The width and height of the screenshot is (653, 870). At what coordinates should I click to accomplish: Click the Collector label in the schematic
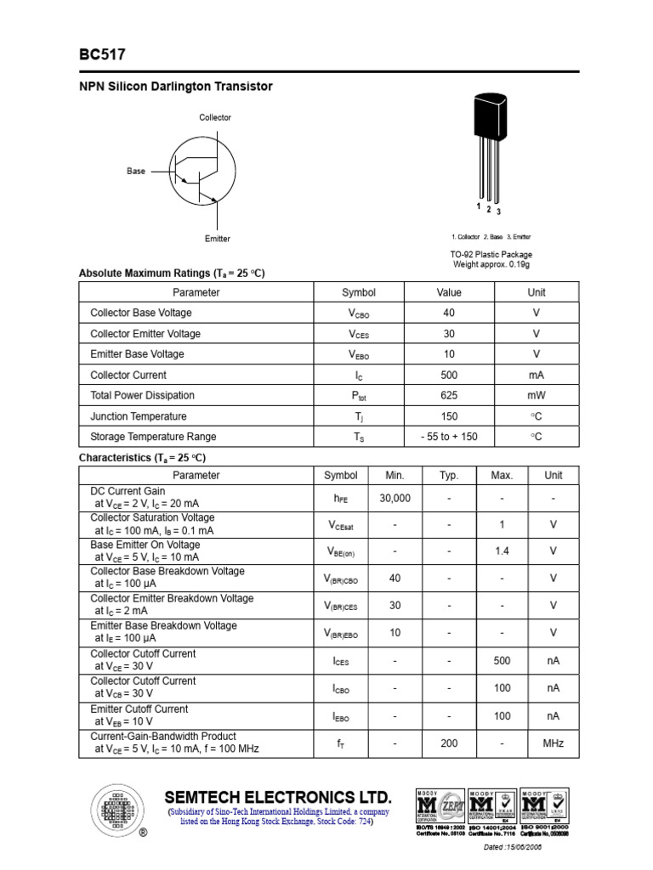[215, 117]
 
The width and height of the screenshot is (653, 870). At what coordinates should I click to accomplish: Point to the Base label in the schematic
[136, 171]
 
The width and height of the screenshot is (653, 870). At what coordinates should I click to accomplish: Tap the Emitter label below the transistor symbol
[218, 239]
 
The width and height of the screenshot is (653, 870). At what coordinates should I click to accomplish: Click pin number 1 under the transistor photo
[480, 206]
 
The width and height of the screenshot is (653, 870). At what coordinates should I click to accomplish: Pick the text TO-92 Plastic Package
[491, 254]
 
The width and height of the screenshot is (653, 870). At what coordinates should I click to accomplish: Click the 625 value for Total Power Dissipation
[449, 395]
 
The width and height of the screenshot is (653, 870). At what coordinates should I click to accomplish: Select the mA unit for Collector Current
[536, 375]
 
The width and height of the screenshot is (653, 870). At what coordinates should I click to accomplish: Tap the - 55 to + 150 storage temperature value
[449, 437]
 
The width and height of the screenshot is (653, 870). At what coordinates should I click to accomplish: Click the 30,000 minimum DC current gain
[395, 499]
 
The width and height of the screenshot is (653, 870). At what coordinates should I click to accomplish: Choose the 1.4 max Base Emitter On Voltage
[502, 551]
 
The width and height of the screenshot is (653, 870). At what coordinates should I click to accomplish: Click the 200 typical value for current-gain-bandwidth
[449, 743]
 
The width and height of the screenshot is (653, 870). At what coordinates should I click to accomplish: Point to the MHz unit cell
[554, 743]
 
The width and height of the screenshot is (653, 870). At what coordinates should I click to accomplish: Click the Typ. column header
[449, 476]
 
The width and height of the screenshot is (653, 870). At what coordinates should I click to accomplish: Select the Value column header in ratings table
[449, 292]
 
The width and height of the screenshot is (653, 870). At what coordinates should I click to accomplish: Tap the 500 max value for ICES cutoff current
[502, 660]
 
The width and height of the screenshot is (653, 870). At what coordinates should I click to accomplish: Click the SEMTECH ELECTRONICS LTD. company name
[278, 797]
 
